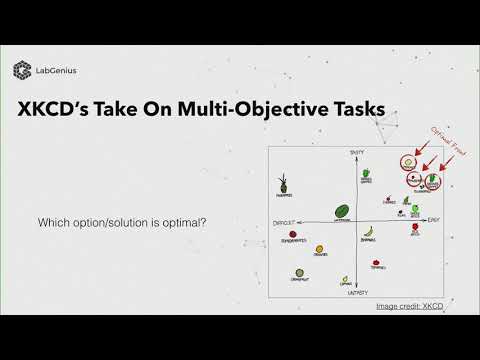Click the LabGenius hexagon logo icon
20,69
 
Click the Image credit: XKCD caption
409,305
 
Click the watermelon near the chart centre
342,212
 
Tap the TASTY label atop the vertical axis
355,151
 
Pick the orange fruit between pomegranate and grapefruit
320,249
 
